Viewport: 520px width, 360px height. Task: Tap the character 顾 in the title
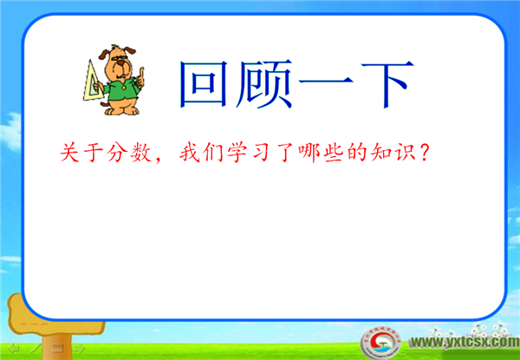(263, 84)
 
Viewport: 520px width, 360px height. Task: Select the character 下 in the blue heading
(387, 84)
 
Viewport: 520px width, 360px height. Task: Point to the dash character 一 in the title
(328, 82)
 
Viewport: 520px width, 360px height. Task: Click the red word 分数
(130, 154)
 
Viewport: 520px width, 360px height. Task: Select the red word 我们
(201, 154)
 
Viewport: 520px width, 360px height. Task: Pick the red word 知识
(393, 154)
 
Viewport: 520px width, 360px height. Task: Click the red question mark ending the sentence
(425, 154)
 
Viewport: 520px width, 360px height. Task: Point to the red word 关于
(82, 154)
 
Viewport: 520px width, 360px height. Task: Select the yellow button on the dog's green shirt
(123, 88)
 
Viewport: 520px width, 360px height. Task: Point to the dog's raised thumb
(141, 72)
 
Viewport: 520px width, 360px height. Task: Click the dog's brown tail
(104, 104)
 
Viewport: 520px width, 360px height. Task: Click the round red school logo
(380, 344)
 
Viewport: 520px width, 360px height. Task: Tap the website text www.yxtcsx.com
(465, 342)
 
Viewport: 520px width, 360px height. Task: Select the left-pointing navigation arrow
(14, 349)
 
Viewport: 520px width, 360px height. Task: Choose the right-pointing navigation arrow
(79, 349)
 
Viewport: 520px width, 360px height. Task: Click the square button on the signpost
(57, 349)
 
